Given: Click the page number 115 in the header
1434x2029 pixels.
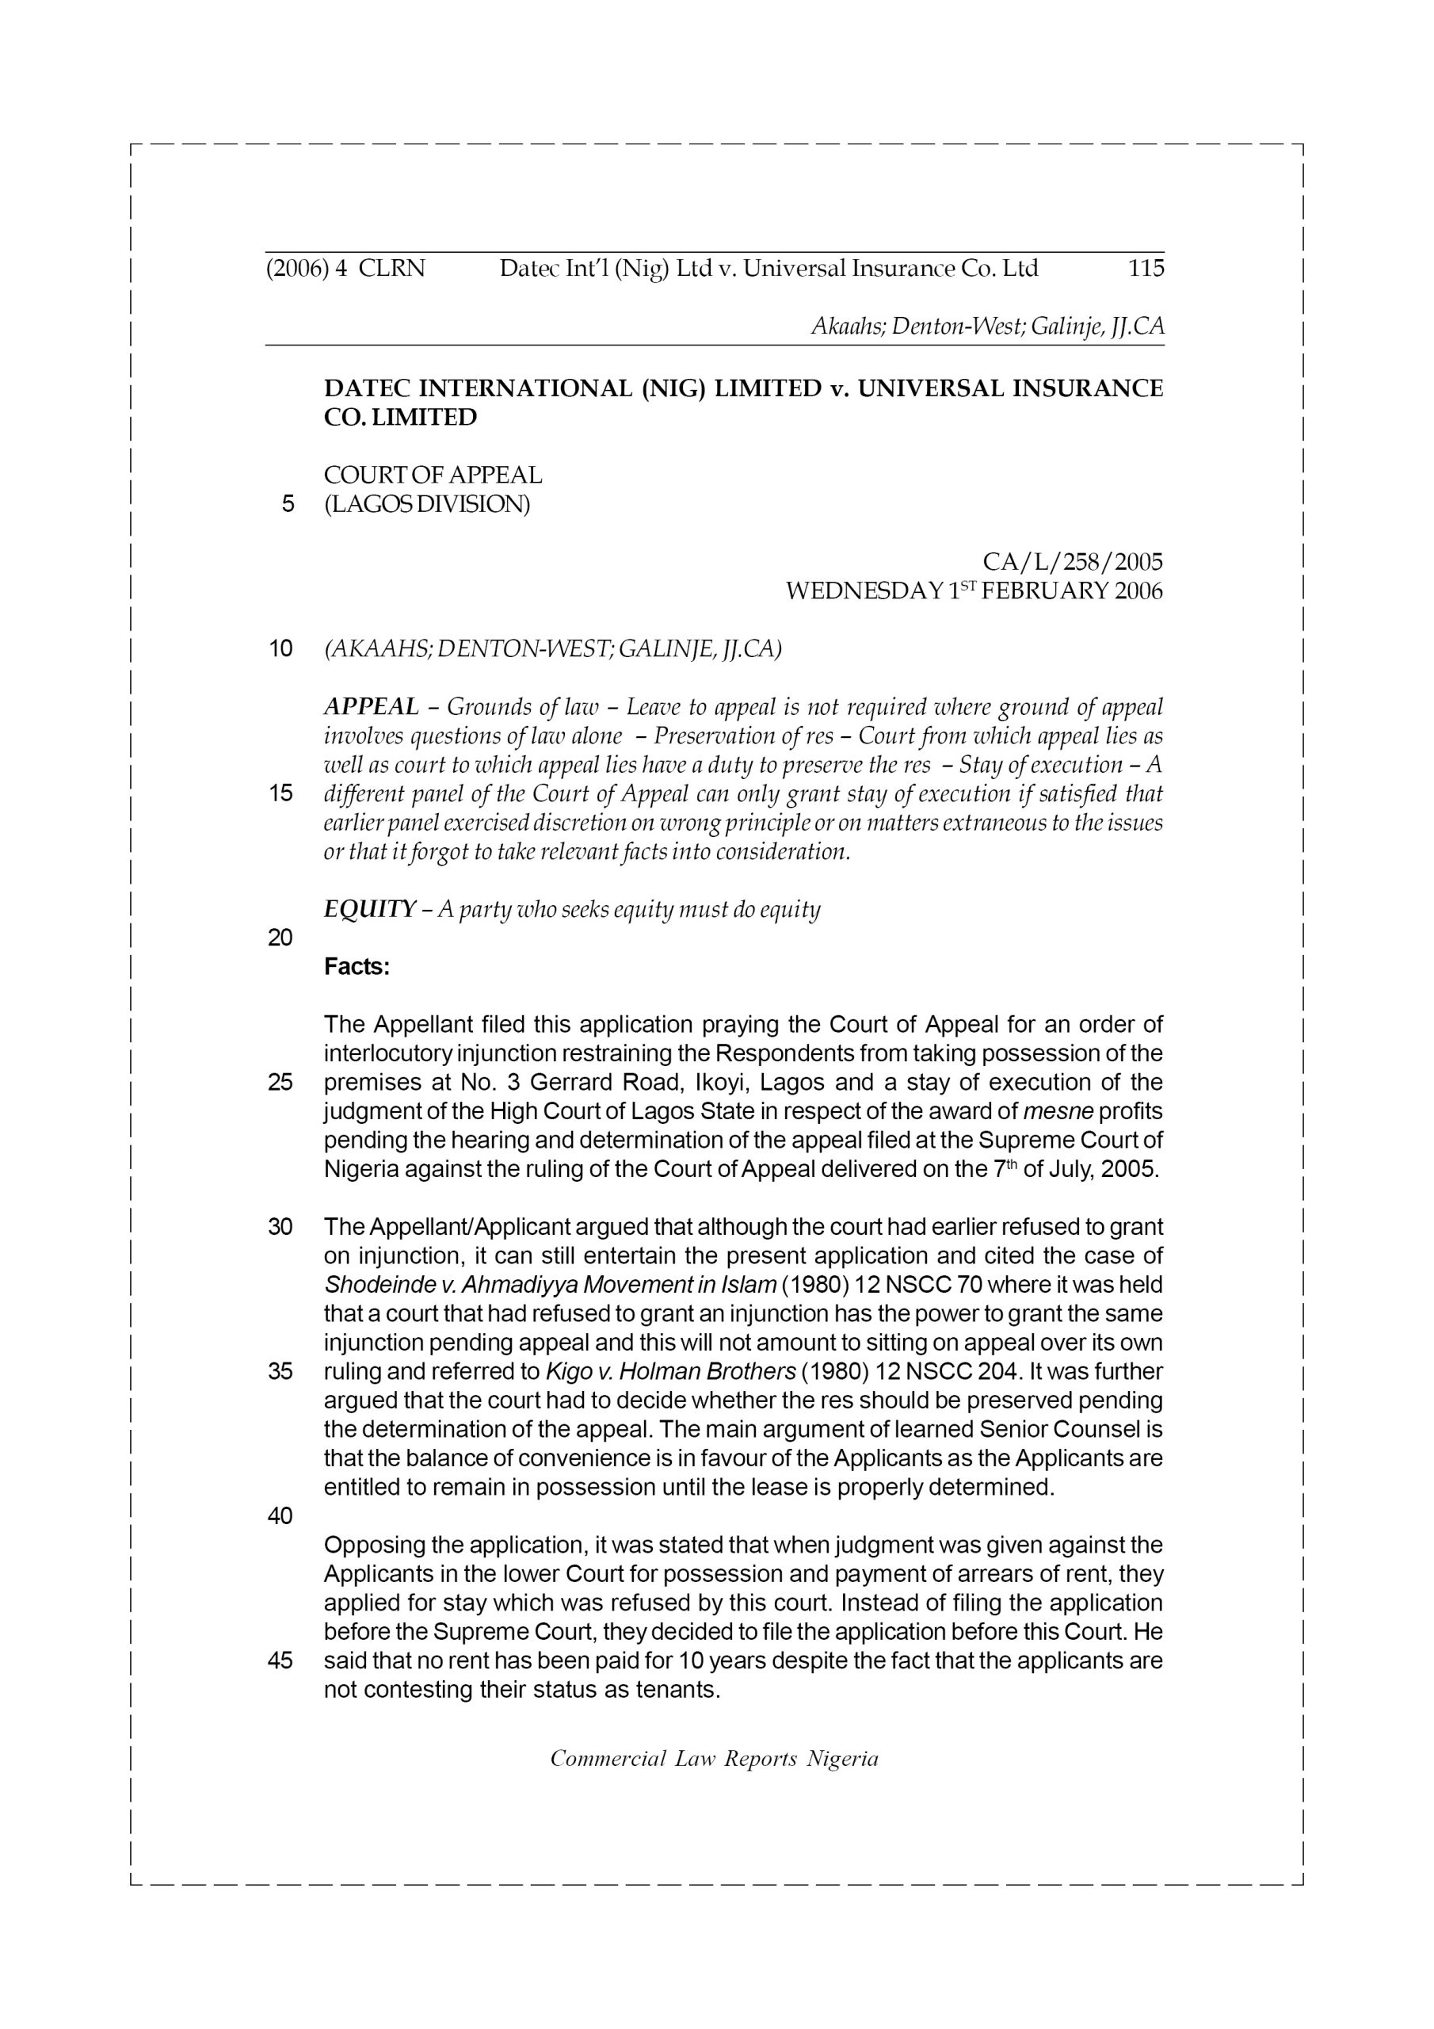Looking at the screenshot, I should click(x=1146, y=268).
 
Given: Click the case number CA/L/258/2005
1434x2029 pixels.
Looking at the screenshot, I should click(x=1073, y=562).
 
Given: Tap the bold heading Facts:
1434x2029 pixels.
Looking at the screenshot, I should click(x=357, y=967).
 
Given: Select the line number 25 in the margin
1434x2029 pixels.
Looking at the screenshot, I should click(x=280, y=1083).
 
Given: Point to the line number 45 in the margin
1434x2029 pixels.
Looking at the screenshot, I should click(x=280, y=1660).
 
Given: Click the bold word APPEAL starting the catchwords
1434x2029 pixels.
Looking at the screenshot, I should click(x=371, y=707).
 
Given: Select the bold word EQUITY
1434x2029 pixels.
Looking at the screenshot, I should click(x=369, y=909).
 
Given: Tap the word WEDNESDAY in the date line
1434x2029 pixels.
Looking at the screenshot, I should click(x=864, y=591).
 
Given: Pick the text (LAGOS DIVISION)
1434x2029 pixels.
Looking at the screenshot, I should click(x=427, y=505).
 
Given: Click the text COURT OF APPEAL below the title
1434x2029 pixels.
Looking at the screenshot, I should click(x=433, y=476).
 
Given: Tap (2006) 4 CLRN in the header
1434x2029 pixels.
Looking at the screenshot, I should click(x=345, y=268).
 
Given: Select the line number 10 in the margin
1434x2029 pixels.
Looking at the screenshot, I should click(x=280, y=650).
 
